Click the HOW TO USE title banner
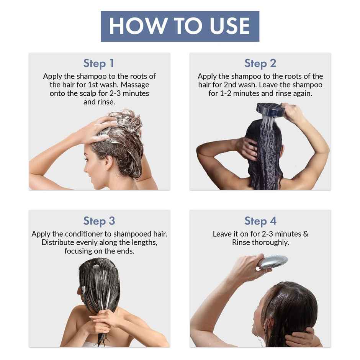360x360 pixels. pos(180,26)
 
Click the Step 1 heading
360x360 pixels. pos(99,63)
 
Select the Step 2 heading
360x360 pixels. pos(260,63)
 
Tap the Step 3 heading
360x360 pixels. pos(99,221)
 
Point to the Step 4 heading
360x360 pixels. pos(260,221)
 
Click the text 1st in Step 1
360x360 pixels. pos(95,85)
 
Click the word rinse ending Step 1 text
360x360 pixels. pos(107,102)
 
